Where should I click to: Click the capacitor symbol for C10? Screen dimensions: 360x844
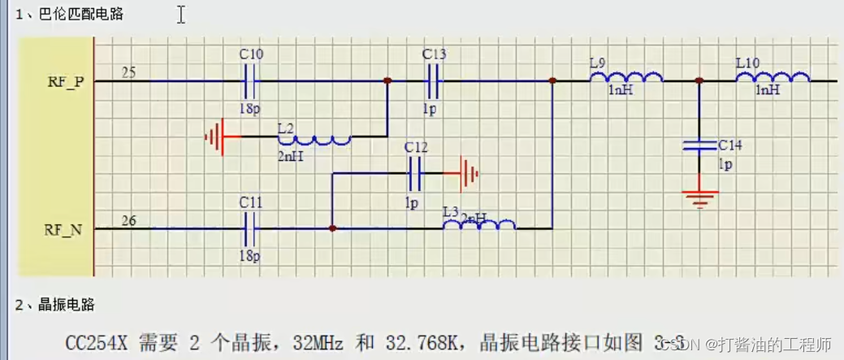(x=251, y=80)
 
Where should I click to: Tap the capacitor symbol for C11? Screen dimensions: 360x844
(x=251, y=229)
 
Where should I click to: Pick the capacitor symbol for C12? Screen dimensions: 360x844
(x=416, y=173)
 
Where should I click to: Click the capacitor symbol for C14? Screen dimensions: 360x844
(x=699, y=145)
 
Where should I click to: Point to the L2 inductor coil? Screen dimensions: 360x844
(x=314, y=140)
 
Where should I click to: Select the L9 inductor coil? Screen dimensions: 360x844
(x=625, y=78)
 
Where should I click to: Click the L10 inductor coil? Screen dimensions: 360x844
(x=773, y=78)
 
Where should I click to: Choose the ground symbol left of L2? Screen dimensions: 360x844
(x=215, y=137)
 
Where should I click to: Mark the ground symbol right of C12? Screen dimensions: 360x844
(x=469, y=173)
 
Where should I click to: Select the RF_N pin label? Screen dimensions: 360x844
(x=63, y=230)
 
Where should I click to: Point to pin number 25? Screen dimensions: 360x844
(x=128, y=72)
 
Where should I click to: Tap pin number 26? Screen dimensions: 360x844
(x=128, y=220)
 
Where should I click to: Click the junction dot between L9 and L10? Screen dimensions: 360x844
(x=699, y=81)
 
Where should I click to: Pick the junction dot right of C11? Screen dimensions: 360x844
(x=332, y=229)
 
